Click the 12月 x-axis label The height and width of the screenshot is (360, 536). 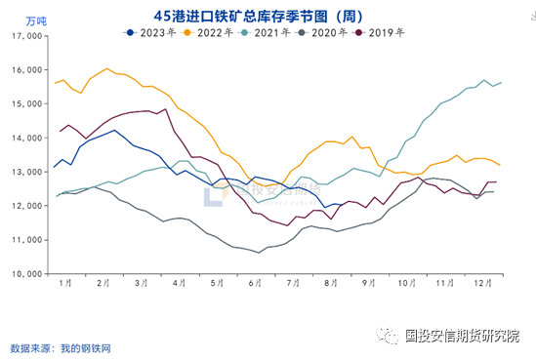tap(482, 282)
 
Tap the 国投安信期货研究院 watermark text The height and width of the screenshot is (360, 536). tap(465, 335)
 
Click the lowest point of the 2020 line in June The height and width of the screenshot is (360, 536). tap(259, 253)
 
